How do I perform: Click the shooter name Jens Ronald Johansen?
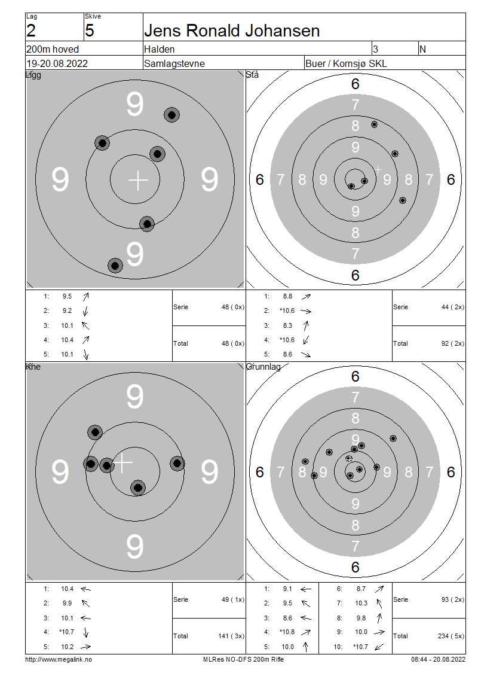click(x=232, y=31)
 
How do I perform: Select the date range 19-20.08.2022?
click(x=57, y=63)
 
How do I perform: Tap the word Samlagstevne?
click(x=174, y=63)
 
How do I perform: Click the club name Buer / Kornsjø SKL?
click(x=346, y=63)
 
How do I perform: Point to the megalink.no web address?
click(x=59, y=659)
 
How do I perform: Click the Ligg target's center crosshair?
click(x=138, y=180)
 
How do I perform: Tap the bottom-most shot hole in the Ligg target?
click(x=115, y=266)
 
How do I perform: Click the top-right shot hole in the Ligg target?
click(x=172, y=115)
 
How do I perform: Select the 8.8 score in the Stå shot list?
click(x=287, y=296)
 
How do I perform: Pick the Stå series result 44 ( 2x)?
click(x=452, y=307)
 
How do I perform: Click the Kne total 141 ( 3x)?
click(x=231, y=636)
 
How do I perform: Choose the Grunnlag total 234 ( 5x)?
click(x=452, y=636)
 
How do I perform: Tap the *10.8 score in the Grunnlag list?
click(x=287, y=632)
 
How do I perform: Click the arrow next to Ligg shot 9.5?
click(x=85, y=297)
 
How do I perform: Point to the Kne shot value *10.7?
click(x=66, y=632)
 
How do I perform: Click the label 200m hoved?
click(x=53, y=49)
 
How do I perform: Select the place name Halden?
click(x=160, y=49)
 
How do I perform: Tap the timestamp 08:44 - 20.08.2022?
click(x=438, y=659)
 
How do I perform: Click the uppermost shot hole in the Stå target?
click(x=374, y=124)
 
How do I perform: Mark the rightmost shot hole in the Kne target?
click(x=177, y=464)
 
